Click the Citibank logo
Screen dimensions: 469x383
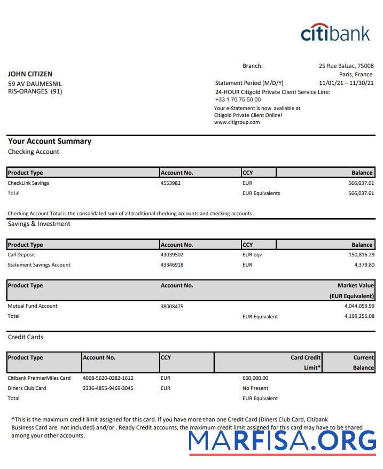pos(335,33)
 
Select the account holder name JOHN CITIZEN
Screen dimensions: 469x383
pos(30,74)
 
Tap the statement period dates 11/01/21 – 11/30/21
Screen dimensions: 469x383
pos(346,83)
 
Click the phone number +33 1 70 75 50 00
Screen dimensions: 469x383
pos(238,99)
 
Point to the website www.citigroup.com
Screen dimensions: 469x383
pos(237,122)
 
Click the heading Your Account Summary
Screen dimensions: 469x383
pos(50,142)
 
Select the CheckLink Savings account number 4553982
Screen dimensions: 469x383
pos(170,183)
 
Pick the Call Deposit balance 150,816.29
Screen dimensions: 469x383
pos(361,255)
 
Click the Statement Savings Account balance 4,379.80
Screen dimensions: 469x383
pos(364,265)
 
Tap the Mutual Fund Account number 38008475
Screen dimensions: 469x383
pos(172,307)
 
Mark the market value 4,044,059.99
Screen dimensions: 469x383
pos(359,306)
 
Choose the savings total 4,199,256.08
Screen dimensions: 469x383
pos(359,316)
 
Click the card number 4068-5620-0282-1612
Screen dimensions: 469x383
pos(108,378)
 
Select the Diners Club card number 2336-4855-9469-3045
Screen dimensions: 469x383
pos(108,388)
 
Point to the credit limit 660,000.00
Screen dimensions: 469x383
pos(255,378)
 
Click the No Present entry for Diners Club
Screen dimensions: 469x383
pos(255,388)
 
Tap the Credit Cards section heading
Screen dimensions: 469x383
pos(26,337)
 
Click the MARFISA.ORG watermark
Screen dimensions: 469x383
pos(283,440)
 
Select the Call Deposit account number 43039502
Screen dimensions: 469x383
pos(172,255)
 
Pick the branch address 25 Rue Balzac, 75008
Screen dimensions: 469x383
pos(346,66)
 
